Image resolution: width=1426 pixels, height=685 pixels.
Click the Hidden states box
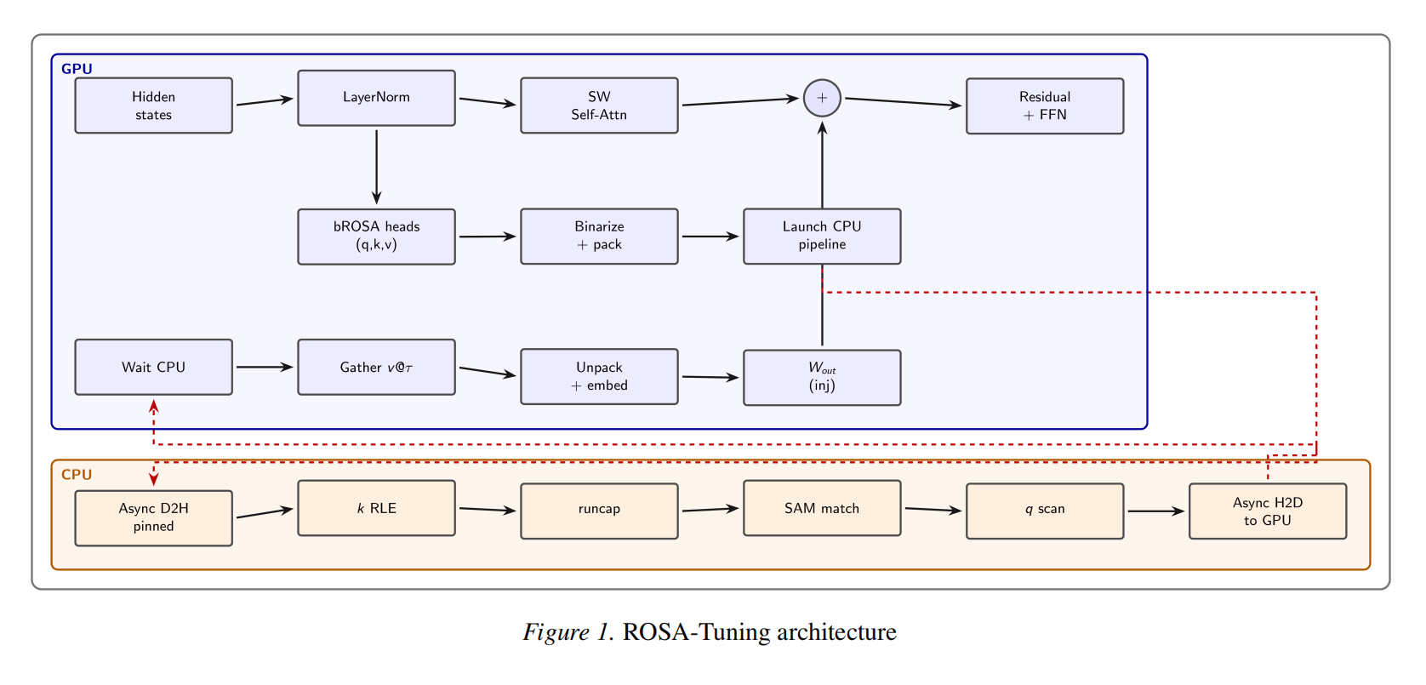[153, 106]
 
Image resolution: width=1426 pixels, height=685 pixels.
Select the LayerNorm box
[376, 98]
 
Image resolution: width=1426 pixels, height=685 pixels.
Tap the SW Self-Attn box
[599, 106]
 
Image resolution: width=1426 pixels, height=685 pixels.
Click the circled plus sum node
[822, 98]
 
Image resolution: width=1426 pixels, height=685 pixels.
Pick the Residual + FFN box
[1045, 106]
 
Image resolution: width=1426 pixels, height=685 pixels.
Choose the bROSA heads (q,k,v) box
[376, 237]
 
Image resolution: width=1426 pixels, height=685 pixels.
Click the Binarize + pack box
[599, 236]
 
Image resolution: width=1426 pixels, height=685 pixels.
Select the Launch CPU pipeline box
[822, 236]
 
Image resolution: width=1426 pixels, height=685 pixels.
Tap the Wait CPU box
[153, 367]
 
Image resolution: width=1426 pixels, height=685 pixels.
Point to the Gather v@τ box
[376, 367]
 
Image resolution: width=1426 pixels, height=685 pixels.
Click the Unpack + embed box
[599, 376]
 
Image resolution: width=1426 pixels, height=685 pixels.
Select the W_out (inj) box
[822, 377]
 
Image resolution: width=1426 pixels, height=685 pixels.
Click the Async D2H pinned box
[153, 517]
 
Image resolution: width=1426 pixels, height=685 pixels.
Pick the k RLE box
[376, 508]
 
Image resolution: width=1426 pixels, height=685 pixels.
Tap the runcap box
[599, 511]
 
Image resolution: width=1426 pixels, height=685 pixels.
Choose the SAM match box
[822, 508]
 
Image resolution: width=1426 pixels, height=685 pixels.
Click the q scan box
[1045, 511]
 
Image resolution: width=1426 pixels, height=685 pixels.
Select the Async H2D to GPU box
[1267, 511]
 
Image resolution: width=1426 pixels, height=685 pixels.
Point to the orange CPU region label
[77, 475]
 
